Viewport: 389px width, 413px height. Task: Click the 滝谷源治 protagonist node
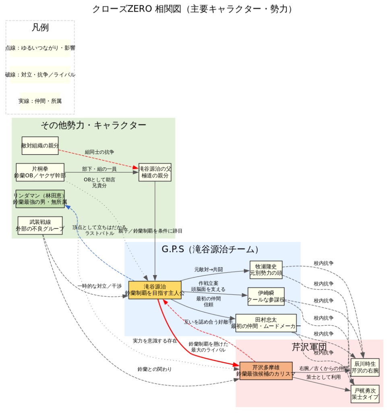pos(155,290)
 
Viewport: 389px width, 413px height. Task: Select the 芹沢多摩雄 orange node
pos(266,371)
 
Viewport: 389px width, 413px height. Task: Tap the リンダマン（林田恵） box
pos(40,198)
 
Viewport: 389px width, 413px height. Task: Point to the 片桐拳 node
pos(40,172)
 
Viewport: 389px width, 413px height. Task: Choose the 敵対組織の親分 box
pos(40,146)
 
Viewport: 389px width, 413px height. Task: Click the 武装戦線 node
pos(40,225)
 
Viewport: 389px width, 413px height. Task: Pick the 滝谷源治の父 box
pos(155,172)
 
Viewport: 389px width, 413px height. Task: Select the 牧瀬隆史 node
pos(266,269)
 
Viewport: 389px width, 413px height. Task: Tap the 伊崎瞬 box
pos(266,296)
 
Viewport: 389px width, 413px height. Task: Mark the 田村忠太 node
pos(266,323)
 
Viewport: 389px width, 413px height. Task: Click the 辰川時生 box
pos(365,367)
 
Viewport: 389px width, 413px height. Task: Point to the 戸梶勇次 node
pos(365,394)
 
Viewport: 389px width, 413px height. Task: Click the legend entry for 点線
pos(40,48)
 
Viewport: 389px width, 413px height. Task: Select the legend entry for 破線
pos(40,75)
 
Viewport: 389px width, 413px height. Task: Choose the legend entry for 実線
pos(40,101)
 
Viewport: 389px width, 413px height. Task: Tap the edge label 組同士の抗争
pos(99,152)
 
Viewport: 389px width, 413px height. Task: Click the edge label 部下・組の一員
pos(99,169)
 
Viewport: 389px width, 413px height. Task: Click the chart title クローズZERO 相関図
pos(192,9)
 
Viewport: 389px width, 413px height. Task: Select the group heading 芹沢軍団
pos(309,347)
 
